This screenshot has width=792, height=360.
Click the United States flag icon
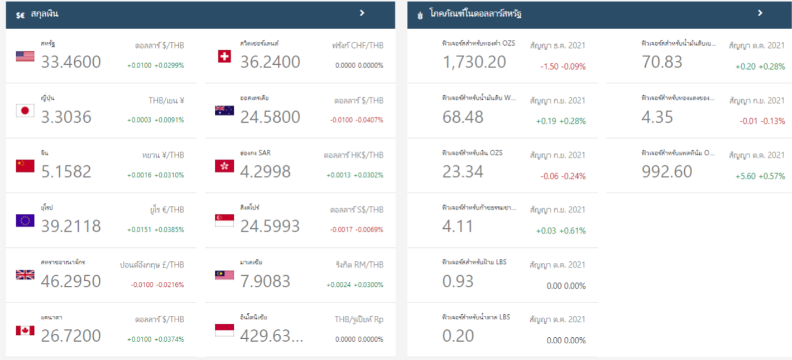[x=25, y=56]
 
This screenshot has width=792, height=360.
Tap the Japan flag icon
[x=25, y=111]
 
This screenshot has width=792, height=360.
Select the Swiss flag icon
[x=224, y=56]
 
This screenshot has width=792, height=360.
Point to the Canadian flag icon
[x=25, y=330]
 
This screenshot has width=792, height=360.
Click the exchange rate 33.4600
[x=71, y=62]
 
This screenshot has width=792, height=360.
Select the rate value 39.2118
[x=71, y=226]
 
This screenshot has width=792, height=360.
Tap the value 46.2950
[x=71, y=281]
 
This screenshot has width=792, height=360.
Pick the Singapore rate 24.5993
[x=270, y=226]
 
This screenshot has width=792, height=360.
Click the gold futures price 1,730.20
[x=474, y=62]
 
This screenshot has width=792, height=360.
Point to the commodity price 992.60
[x=667, y=171]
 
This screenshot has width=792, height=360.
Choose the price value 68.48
[x=463, y=117]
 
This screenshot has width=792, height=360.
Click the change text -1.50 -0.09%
[x=563, y=66]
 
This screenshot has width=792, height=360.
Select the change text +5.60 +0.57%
[x=760, y=176]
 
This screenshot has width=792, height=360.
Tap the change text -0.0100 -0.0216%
[x=157, y=285]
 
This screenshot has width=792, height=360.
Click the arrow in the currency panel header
[x=362, y=13]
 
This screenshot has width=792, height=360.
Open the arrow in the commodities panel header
[x=760, y=13]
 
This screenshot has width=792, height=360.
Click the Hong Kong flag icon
[x=224, y=166]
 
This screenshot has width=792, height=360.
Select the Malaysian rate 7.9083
[x=265, y=281]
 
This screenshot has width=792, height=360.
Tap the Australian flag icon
[x=224, y=111]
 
